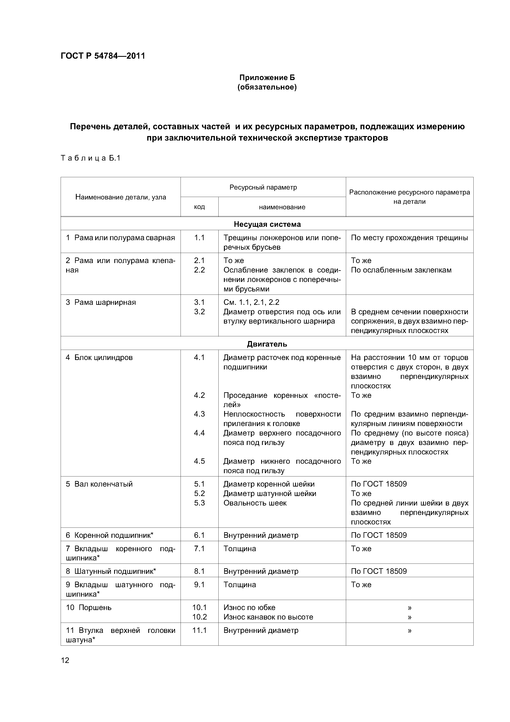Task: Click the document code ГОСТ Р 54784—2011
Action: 103,56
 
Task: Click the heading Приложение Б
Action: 267,77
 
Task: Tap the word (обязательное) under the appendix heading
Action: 267,87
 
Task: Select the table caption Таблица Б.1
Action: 90,158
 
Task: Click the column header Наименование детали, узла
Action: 121,197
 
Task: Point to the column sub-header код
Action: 199,207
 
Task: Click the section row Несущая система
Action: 267,224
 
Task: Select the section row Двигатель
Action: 267,344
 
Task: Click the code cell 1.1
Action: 199,238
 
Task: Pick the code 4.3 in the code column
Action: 199,414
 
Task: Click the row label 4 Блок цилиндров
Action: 99,358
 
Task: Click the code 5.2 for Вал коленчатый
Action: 199,494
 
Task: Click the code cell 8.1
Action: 199,571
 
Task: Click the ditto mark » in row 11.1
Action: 409,630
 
